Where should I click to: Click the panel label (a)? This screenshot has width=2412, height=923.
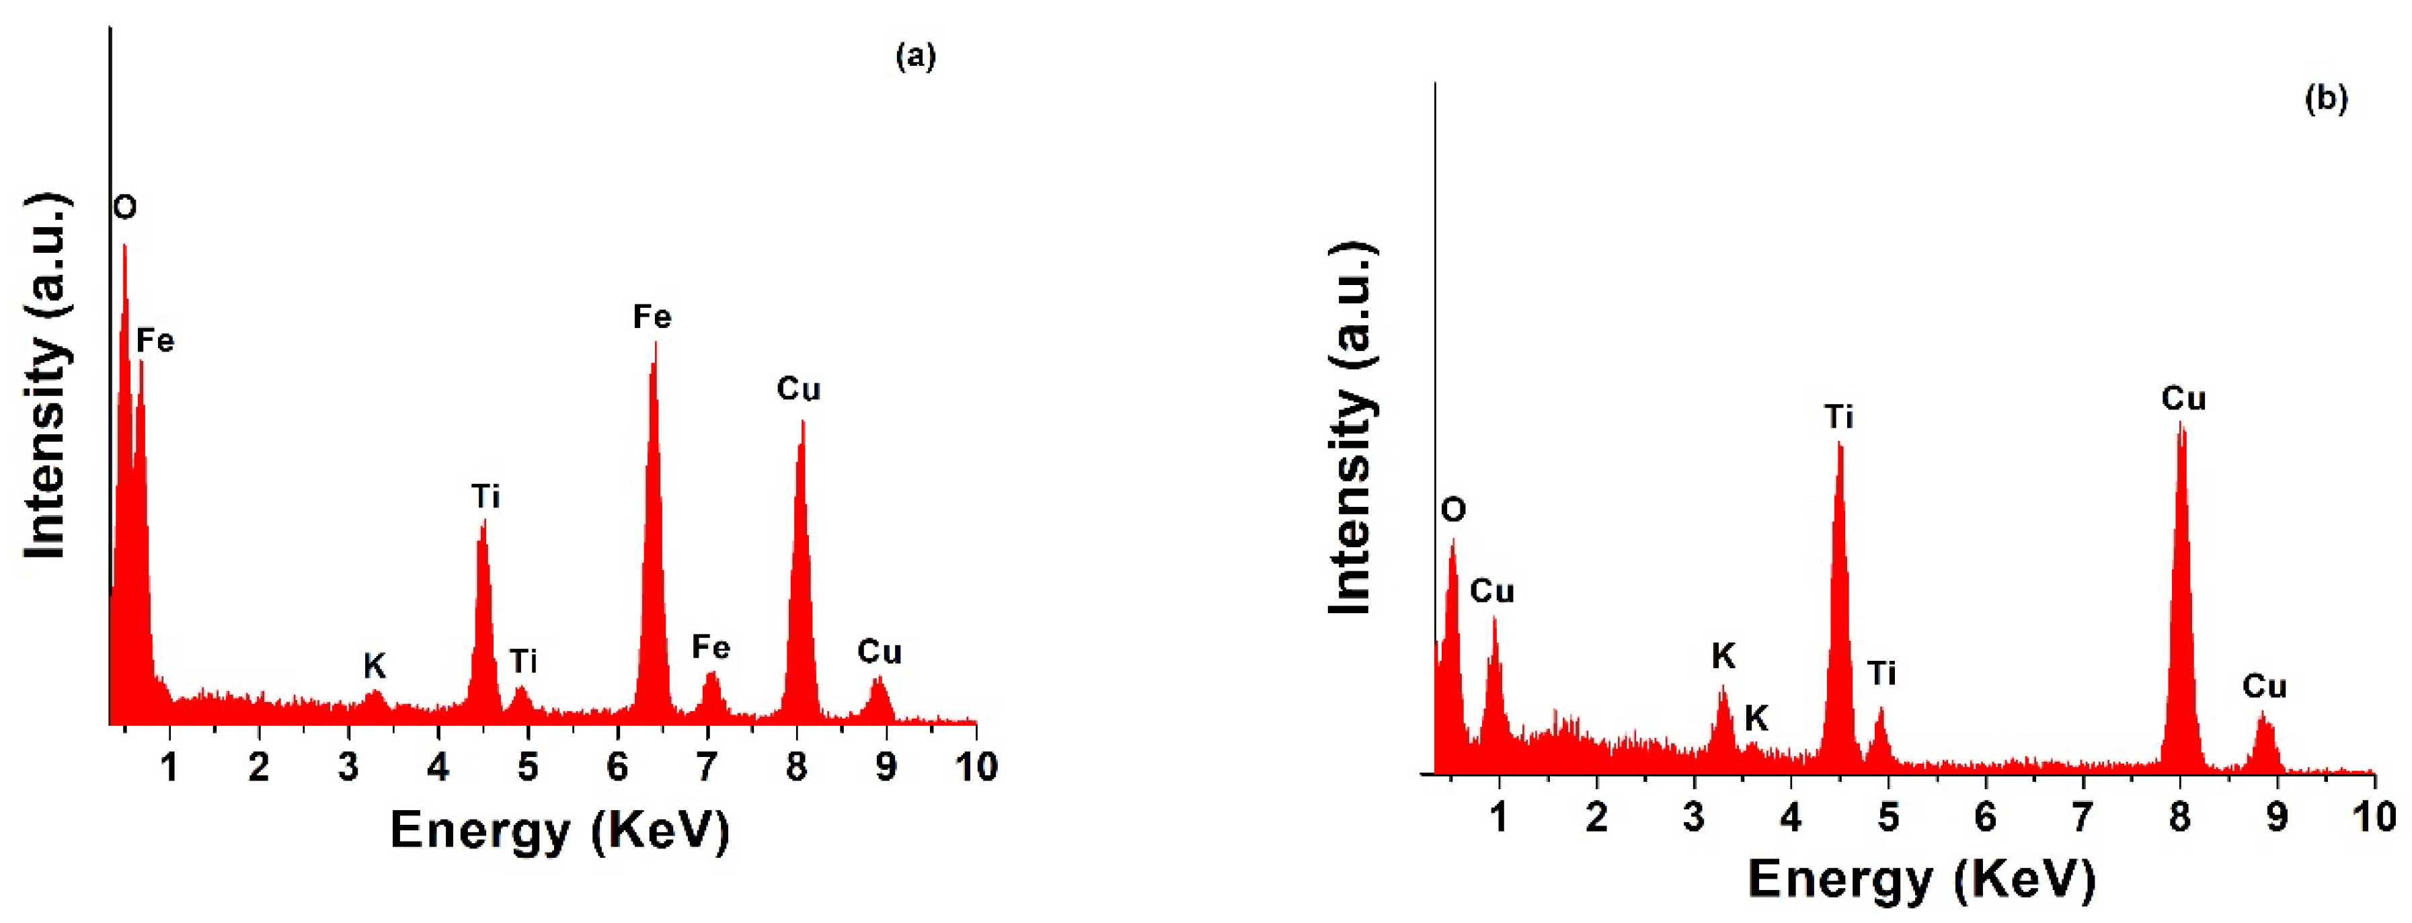pyautogui.click(x=915, y=57)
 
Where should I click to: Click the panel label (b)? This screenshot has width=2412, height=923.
pyautogui.click(x=2326, y=98)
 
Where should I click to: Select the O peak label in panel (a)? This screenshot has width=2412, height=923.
pyautogui.click(x=124, y=207)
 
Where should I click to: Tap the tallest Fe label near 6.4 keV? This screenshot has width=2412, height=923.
pyautogui.click(x=652, y=317)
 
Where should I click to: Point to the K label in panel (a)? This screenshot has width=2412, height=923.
pyautogui.click(x=375, y=666)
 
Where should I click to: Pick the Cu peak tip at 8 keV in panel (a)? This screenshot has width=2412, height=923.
pyautogui.click(x=802, y=422)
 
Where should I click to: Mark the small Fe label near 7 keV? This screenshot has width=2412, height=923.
pyautogui.click(x=711, y=647)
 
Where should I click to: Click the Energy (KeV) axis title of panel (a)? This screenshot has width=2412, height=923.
pyautogui.click(x=559, y=830)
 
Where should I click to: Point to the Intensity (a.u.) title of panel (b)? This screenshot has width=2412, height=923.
pyautogui.click(x=1352, y=427)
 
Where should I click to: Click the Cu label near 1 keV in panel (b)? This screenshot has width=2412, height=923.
pyautogui.click(x=1491, y=592)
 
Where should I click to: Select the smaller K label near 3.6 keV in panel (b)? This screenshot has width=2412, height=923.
pyautogui.click(x=1756, y=718)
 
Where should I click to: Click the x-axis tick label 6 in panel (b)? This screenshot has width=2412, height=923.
pyautogui.click(x=1985, y=817)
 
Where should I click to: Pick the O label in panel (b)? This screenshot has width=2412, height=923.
pyautogui.click(x=1453, y=510)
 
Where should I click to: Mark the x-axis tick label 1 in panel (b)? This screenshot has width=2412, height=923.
pyautogui.click(x=1499, y=817)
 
